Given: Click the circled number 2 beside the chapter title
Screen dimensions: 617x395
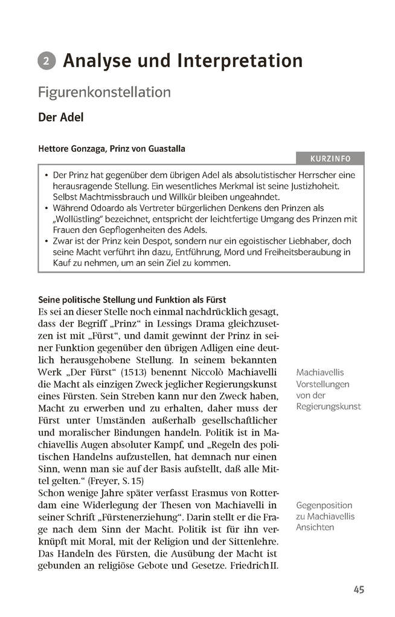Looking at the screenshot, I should (x=47, y=61).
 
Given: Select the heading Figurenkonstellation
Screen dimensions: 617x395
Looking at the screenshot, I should (x=104, y=92).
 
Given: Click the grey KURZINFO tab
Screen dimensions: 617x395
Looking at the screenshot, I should (x=330, y=159).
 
